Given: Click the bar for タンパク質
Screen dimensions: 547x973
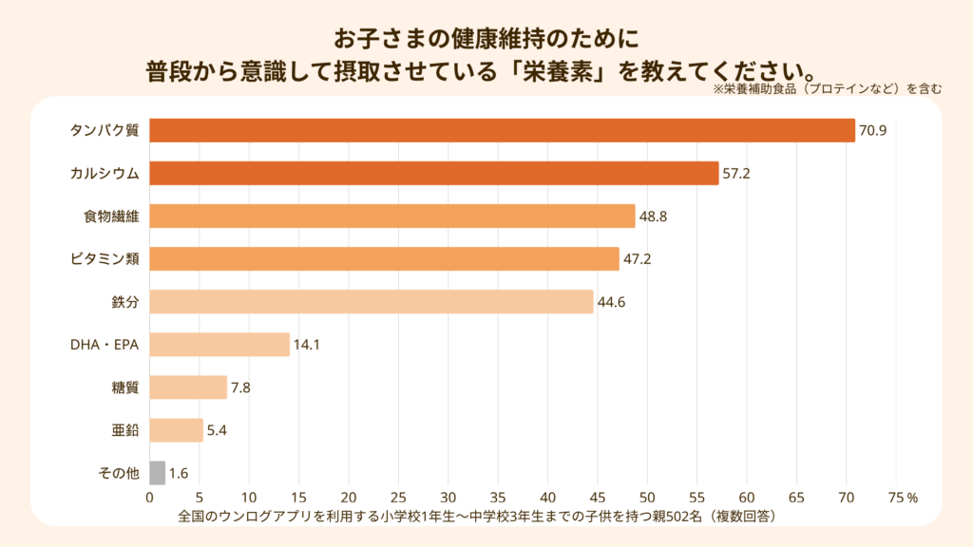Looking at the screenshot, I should coord(502,130).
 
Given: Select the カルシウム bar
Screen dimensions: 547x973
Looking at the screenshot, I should coord(433,173).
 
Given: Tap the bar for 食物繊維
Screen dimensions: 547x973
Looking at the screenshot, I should coord(391,216).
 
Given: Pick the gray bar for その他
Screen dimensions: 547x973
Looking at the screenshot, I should coord(157,473).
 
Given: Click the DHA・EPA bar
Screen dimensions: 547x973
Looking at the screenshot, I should coord(219,345).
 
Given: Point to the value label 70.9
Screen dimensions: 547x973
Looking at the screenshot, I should coord(872,130).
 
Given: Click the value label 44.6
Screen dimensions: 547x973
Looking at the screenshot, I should coord(610,302).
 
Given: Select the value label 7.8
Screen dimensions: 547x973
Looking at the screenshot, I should coord(240,387).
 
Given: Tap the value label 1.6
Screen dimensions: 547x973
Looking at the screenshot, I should coord(178,473).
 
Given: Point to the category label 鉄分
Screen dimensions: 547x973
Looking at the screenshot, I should coord(125,302).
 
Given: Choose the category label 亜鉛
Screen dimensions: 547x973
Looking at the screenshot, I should coord(125,430).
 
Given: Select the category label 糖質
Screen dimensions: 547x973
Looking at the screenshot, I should coord(125,387).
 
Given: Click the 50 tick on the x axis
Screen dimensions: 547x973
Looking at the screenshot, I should coord(647,497).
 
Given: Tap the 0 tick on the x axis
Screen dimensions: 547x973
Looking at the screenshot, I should coord(149,497).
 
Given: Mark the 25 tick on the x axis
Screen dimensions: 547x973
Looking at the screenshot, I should coord(398,497).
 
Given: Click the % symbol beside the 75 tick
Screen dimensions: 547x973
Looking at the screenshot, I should coord(912,497).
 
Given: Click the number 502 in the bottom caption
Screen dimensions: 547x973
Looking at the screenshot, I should coord(678,517).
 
